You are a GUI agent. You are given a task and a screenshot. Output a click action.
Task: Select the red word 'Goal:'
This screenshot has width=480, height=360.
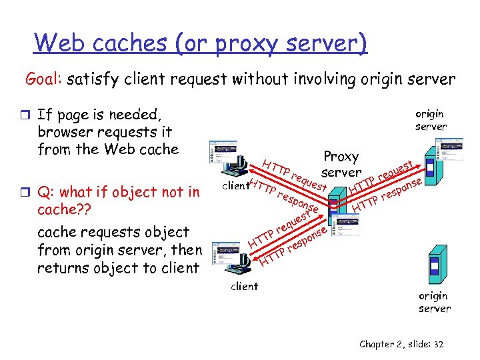tap(44, 79)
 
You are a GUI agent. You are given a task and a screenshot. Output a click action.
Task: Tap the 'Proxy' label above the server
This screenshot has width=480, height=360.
tap(341, 157)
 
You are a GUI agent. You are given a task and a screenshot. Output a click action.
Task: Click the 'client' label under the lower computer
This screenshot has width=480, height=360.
tap(244, 287)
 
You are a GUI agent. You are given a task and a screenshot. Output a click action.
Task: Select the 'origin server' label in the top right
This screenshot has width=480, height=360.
tap(431, 120)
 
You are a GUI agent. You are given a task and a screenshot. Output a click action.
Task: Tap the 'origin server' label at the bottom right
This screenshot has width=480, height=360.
tap(435, 302)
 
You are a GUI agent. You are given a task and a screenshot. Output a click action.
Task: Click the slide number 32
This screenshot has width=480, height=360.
tap(438, 344)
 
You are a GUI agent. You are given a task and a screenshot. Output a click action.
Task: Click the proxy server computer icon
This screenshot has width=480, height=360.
tap(339, 200)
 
